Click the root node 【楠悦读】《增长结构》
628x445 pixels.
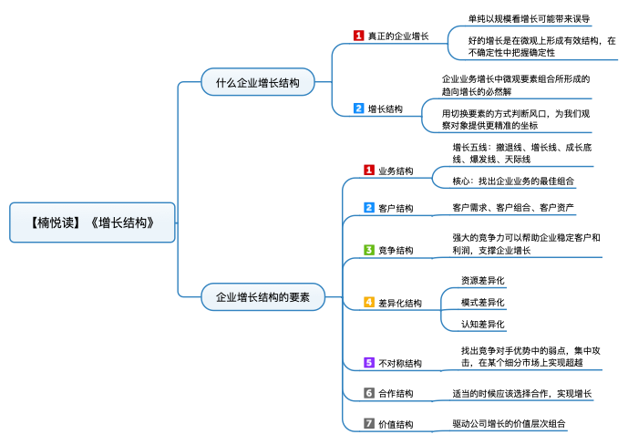(x=93, y=222)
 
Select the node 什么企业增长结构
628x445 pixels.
(x=258, y=82)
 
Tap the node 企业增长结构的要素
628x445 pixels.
(x=263, y=296)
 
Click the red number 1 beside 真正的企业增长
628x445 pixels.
(x=358, y=36)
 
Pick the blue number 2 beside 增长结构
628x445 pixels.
(x=358, y=109)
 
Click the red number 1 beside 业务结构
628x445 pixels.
(x=369, y=171)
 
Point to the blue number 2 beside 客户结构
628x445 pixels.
(x=369, y=208)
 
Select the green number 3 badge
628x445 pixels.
(x=369, y=250)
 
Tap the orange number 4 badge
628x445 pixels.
(x=369, y=302)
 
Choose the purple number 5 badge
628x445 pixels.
(x=369, y=363)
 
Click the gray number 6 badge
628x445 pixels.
(x=369, y=393)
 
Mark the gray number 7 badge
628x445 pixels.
(x=369, y=423)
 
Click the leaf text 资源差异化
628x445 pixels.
(x=482, y=280)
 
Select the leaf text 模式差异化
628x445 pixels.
(x=482, y=303)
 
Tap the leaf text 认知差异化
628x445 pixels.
(x=482, y=324)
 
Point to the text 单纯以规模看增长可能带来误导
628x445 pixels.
(x=529, y=19)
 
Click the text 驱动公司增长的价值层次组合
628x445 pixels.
(x=509, y=424)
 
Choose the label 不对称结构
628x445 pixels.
(x=400, y=363)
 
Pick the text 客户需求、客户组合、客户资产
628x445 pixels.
(x=513, y=208)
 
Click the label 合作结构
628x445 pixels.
(x=396, y=394)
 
